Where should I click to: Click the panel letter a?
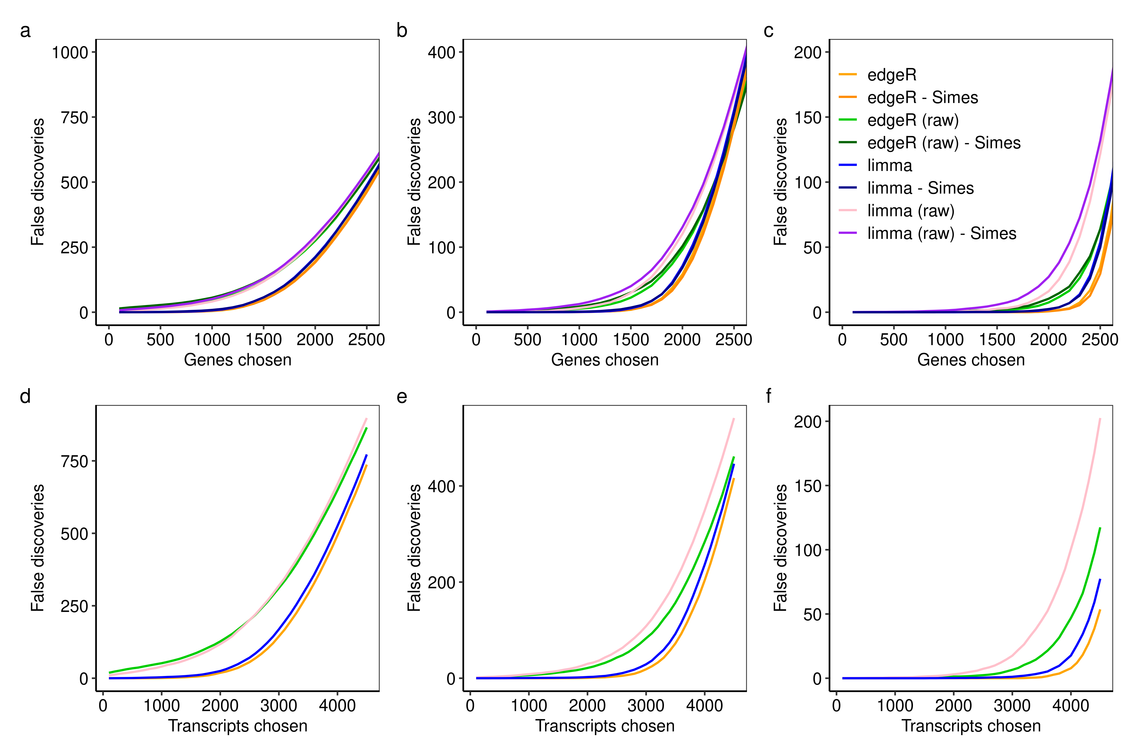(x=25, y=31)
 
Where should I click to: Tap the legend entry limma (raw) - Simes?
(x=941, y=234)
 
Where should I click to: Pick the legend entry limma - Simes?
(x=920, y=188)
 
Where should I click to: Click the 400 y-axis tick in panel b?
(x=441, y=53)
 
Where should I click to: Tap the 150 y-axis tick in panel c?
(x=808, y=118)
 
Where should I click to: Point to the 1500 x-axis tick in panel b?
(x=630, y=340)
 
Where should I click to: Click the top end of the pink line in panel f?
(x=1100, y=419)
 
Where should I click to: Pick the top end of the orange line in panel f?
(x=1100, y=610)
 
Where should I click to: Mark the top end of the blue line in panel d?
(x=367, y=455)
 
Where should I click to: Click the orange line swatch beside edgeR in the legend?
(x=848, y=75)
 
